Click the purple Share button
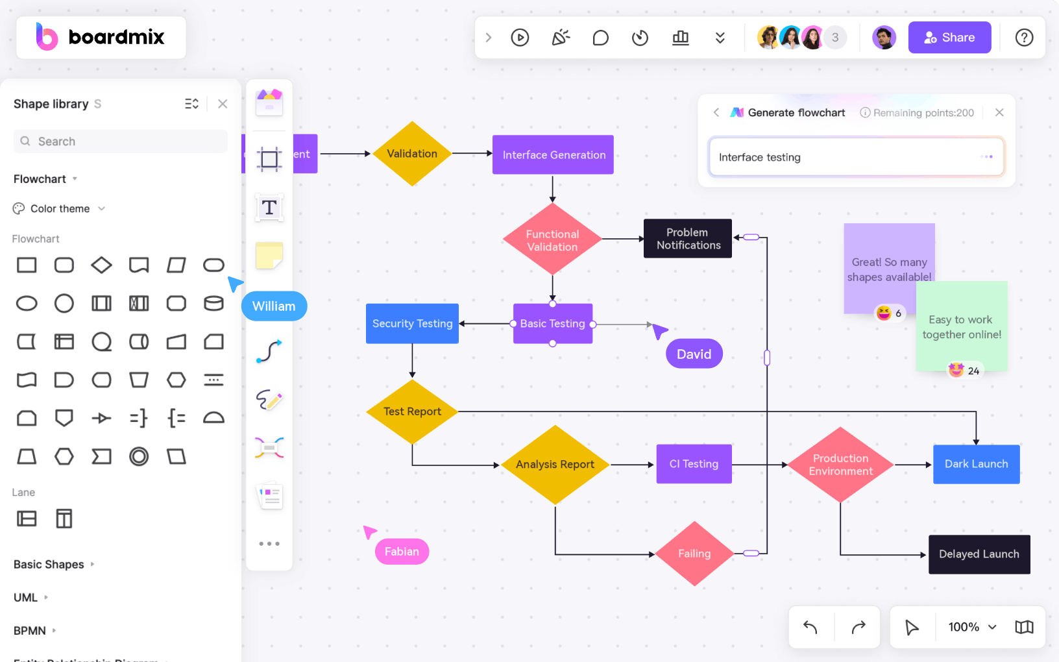(x=949, y=38)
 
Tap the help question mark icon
(x=1024, y=38)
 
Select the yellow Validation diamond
(x=412, y=154)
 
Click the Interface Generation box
(x=554, y=155)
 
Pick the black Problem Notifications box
(x=688, y=239)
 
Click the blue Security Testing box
(x=412, y=324)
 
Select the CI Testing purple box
(x=694, y=464)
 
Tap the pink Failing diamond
(x=694, y=554)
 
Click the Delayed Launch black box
(x=979, y=554)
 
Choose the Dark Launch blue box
(x=976, y=464)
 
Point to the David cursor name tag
(x=694, y=354)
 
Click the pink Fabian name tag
(x=402, y=552)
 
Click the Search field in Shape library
(x=121, y=141)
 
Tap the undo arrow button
(x=810, y=627)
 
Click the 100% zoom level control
(x=971, y=627)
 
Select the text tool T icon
(x=269, y=208)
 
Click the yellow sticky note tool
(x=269, y=256)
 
